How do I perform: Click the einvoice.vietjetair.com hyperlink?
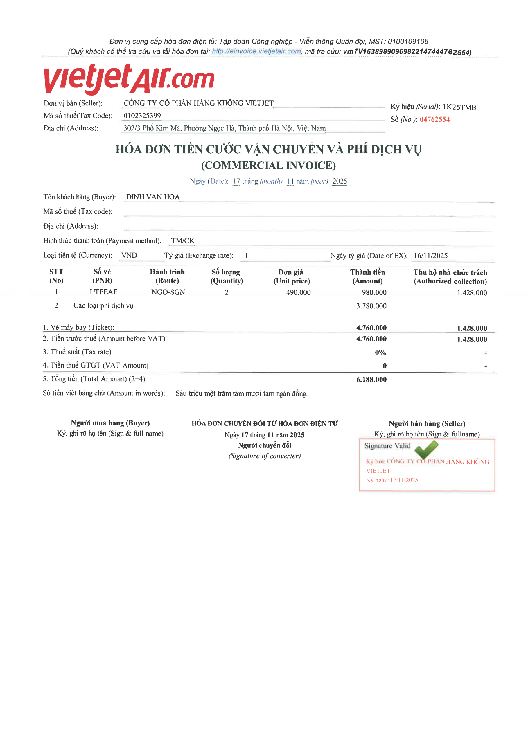[256, 51]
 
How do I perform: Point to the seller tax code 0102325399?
[142, 115]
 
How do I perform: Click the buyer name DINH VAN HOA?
[153, 197]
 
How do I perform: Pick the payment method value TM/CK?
[183, 240]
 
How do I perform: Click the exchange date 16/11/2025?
[430, 256]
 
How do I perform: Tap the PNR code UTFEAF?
[103, 292]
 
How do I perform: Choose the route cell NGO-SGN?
[168, 292]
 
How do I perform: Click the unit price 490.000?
[298, 292]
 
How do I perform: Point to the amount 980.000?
[374, 292]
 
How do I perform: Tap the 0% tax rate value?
[380, 352]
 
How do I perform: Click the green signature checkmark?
[426, 449]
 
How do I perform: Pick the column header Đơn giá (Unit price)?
[291, 276]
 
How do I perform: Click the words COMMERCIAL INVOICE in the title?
[268, 166]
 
